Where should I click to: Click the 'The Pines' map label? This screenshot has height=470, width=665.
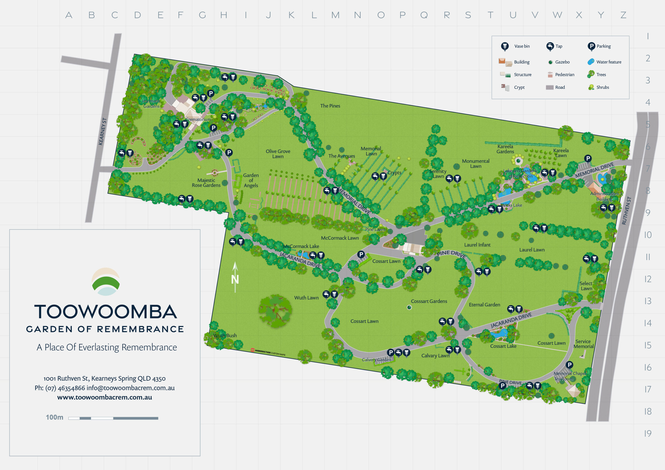[x=330, y=106]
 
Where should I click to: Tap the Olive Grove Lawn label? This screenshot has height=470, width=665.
[x=278, y=154]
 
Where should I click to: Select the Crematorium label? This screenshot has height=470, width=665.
[x=198, y=119]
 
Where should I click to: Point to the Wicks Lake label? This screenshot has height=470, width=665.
[x=511, y=205]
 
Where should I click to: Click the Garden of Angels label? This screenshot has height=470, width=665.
[x=251, y=180]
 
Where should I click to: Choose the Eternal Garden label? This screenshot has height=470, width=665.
[x=484, y=305]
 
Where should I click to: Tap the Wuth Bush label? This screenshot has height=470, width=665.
[x=225, y=335]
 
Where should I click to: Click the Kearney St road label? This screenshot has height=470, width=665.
[x=102, y=131]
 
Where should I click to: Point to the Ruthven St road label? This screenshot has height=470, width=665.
[x=626, y=211]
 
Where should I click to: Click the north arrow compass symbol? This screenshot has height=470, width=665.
[x=235, y=277]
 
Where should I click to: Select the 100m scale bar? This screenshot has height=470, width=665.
[x=113, y=418]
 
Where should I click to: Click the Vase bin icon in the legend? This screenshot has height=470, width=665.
[x=505, y=46]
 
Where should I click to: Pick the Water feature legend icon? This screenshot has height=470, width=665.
[x=591, y=62]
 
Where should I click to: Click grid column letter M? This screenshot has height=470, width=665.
[x=335, y=15]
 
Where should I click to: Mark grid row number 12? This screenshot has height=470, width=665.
[x=648, y=279]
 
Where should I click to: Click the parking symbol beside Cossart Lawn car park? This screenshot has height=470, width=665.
[x=361, y=254]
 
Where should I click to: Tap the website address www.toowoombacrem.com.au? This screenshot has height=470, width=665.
[x=105, y=397]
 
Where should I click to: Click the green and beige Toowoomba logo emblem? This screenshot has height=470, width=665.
[x=105, y=281]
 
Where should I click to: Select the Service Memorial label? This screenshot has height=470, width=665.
[x=583, y=344]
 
